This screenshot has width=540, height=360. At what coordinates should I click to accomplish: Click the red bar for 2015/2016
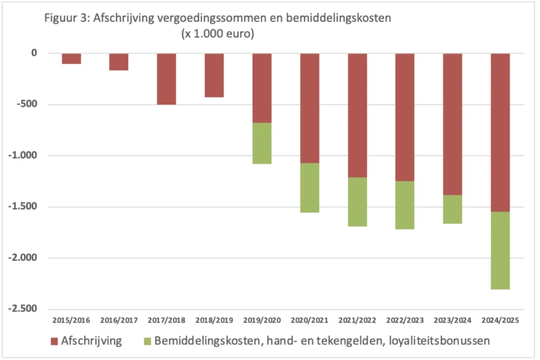click(x=71, y=59)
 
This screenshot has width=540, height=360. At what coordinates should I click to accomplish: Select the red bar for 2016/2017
click(x=119, y=62)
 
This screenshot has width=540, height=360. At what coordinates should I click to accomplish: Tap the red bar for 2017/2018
click(x=166, y=79)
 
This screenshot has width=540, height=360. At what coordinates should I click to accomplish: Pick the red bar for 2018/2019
click(x=214, y=75)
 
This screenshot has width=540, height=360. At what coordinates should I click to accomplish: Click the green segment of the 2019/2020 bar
click(x=262, y=143)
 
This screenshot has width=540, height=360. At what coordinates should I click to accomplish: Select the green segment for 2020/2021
click(x=310, y=188)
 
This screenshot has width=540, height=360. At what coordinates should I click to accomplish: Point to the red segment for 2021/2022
click(x=357, y=115)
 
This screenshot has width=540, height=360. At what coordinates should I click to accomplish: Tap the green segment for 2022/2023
click(x=404, y=205)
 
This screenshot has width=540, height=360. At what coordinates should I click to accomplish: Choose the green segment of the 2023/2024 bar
click(x=452, y=209)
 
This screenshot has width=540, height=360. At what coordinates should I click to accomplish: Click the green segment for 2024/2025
click(x=500, y=250)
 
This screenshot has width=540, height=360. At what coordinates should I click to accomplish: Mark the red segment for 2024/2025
click(x=500, y=132)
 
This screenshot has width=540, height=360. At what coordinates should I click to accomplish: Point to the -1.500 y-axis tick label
click(x=23, y=207)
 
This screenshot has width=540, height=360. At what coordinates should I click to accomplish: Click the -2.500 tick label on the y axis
click(x=23, y=309)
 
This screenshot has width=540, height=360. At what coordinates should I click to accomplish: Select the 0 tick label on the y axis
click(x=34, y=53)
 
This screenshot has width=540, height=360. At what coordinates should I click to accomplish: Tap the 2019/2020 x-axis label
click(x=262, y=320)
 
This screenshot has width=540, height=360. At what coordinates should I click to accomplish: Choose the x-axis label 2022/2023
click(x=404, y=320)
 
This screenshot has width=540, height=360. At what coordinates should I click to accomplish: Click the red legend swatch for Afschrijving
click(x=54, y=341)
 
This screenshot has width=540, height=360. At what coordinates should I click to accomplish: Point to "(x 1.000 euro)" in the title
click(x=218, y=35)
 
